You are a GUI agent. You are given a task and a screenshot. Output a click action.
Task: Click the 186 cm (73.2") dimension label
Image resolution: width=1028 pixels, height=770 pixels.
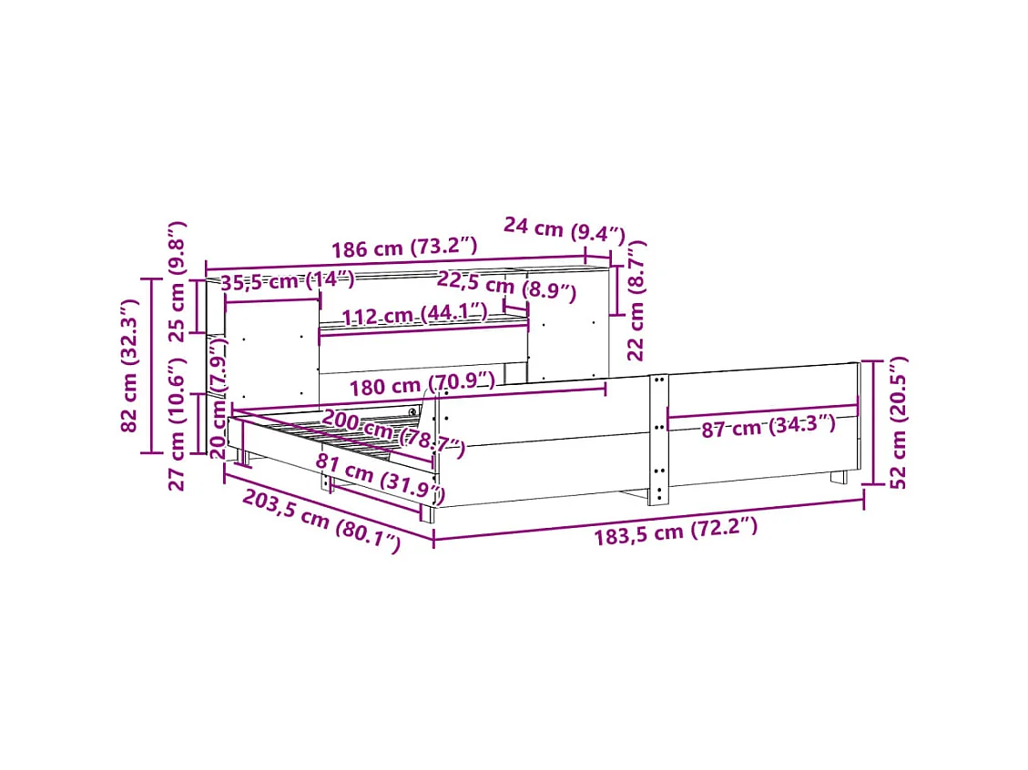(x=404, y=248)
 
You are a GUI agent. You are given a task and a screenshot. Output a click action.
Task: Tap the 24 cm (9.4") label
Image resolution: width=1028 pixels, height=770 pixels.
(x=565, y=229)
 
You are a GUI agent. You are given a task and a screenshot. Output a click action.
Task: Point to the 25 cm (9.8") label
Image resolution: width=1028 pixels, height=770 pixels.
(x=177, y=282)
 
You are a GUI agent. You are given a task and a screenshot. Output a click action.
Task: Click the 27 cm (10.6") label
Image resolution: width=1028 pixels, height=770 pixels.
(x=177, y=425)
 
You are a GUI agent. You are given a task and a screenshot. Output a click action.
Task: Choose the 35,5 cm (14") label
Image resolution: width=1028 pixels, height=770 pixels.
(x=287, y=281)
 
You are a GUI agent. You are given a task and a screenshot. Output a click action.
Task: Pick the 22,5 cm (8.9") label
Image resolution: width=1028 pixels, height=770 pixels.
(x=507, y=286)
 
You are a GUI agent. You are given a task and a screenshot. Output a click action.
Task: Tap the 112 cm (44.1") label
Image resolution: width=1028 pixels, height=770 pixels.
(x=415, y=314)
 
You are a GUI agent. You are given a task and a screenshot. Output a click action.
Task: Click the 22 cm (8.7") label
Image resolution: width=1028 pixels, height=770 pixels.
(x=636, y=300)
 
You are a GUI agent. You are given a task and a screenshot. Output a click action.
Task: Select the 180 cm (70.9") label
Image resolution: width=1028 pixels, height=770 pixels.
(x=422, y=385)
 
